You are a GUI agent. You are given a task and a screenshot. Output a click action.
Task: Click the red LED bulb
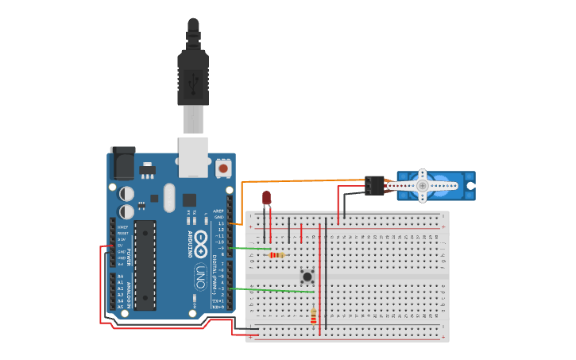266,197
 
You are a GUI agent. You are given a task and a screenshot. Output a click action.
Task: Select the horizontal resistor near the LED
276,255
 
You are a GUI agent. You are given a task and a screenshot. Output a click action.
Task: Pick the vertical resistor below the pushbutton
313,316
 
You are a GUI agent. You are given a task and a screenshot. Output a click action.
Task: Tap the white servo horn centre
423,186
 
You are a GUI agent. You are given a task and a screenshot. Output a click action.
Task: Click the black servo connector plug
374,185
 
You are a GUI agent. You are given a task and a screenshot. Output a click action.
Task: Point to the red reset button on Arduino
223,168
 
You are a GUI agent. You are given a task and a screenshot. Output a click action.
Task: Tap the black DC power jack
122,162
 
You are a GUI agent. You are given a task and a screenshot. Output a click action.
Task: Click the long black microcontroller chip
145,265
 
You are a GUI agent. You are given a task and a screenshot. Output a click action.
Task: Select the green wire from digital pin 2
270,290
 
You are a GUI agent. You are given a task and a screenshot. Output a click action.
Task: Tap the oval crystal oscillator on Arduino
168,198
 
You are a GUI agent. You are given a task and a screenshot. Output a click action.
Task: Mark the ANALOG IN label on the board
129,291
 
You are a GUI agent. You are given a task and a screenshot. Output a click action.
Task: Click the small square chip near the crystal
189,200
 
